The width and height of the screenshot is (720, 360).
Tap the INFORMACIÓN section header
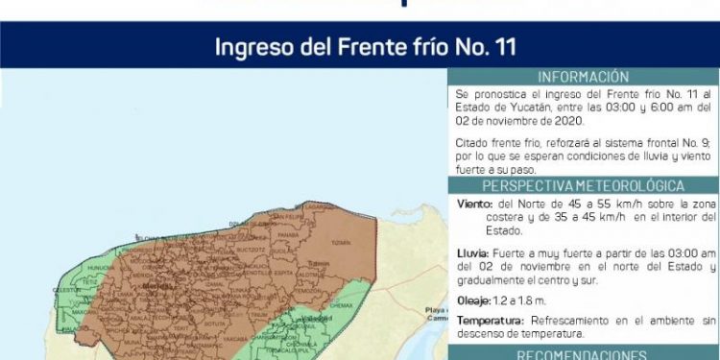click(583, 77)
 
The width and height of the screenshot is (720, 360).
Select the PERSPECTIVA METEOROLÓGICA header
click(583, 185)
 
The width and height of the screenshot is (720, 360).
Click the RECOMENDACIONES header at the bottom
click(583, 352)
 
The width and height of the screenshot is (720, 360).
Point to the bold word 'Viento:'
click(476, 204)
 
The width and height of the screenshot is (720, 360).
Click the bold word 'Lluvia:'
click(475, 252)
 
